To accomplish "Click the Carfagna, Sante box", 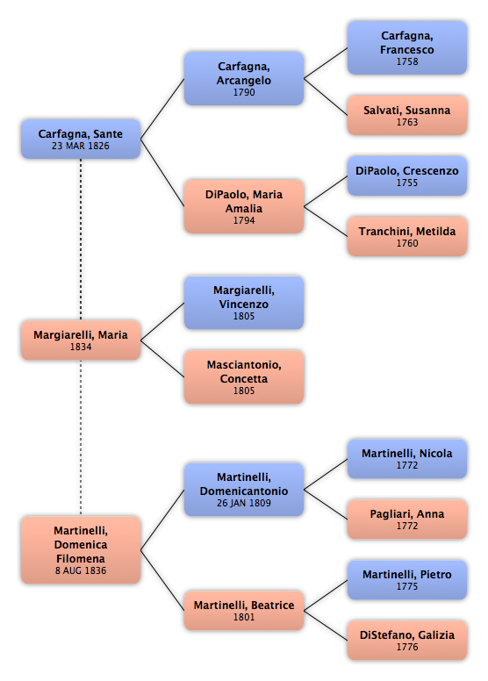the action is tap(81, 139).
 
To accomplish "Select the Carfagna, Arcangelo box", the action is tap(244, 79).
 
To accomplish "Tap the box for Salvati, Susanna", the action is tap(407, 115).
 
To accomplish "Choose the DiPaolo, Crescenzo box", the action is tap(407, 176).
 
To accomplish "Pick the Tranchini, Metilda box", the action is tap(407, 236).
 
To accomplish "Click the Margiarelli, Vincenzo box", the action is tap(244, 302).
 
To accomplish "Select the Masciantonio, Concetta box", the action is tap(244, 377).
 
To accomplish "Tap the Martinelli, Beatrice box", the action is tap(244, 610).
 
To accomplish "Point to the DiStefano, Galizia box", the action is tap(407, 640).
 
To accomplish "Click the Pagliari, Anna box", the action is tap(407, 519).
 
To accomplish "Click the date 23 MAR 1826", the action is tap(81, 146).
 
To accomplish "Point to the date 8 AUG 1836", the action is tap(81, 570).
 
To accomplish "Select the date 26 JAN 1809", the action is tap(244, 503).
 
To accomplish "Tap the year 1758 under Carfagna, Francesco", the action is tap(407, 61).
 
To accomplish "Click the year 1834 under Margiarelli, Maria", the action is tap(81, 347).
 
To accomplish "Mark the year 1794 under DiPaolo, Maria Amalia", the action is tap(244, 220).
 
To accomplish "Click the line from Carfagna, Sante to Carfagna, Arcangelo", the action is tap(162, 109).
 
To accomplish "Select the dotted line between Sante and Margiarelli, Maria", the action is tap(81, 240).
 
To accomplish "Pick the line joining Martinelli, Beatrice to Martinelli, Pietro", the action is tap(326, 596).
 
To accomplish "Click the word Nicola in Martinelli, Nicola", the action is tap(436, 454).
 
